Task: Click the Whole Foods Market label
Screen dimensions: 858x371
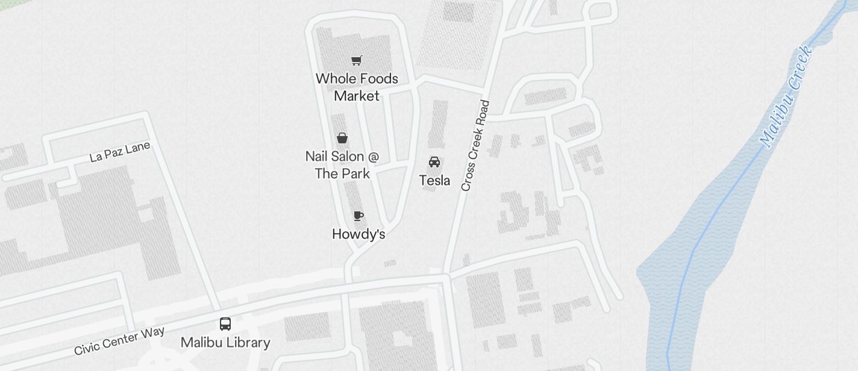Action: coord(357,87)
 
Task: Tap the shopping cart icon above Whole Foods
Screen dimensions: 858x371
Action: coord(357,60)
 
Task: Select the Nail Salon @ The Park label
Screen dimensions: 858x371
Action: coord(342,165)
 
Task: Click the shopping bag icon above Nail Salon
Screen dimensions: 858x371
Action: coord(342,138)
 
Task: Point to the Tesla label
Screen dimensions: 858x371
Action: coord(434,180)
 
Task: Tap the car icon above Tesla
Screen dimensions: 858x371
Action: coord(434,162)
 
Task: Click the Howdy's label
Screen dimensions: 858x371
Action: coord(359,234)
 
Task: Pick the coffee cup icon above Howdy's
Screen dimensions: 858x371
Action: coord(359,216)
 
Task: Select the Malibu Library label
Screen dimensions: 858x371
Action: coord(225,343)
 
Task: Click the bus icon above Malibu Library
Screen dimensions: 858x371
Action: coord(225,324)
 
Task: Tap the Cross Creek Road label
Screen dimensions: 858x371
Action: coord(475,146)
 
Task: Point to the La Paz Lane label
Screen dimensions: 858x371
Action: coord(119,152)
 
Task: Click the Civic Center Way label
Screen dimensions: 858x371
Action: coord(111,341)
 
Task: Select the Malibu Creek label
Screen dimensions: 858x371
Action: coord(786,96)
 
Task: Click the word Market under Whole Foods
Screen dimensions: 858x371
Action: coord(357,96)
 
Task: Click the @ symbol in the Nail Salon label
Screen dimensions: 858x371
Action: coord(373,157)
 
